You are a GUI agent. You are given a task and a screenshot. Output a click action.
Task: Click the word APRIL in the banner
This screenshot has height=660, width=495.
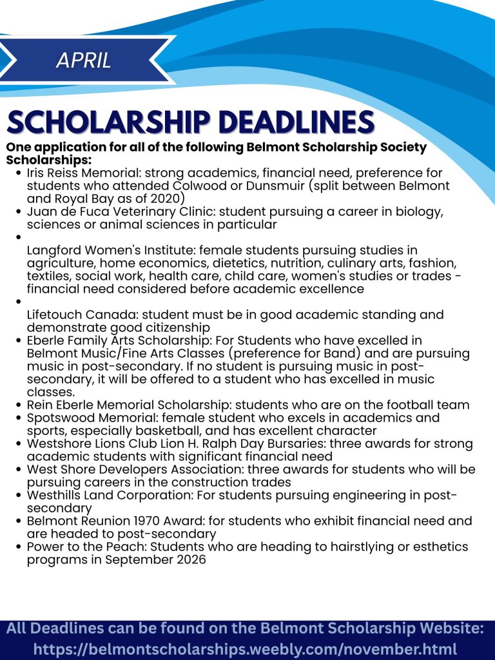point(84,60)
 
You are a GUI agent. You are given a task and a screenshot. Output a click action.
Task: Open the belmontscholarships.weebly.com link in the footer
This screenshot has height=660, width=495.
point(245,649)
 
